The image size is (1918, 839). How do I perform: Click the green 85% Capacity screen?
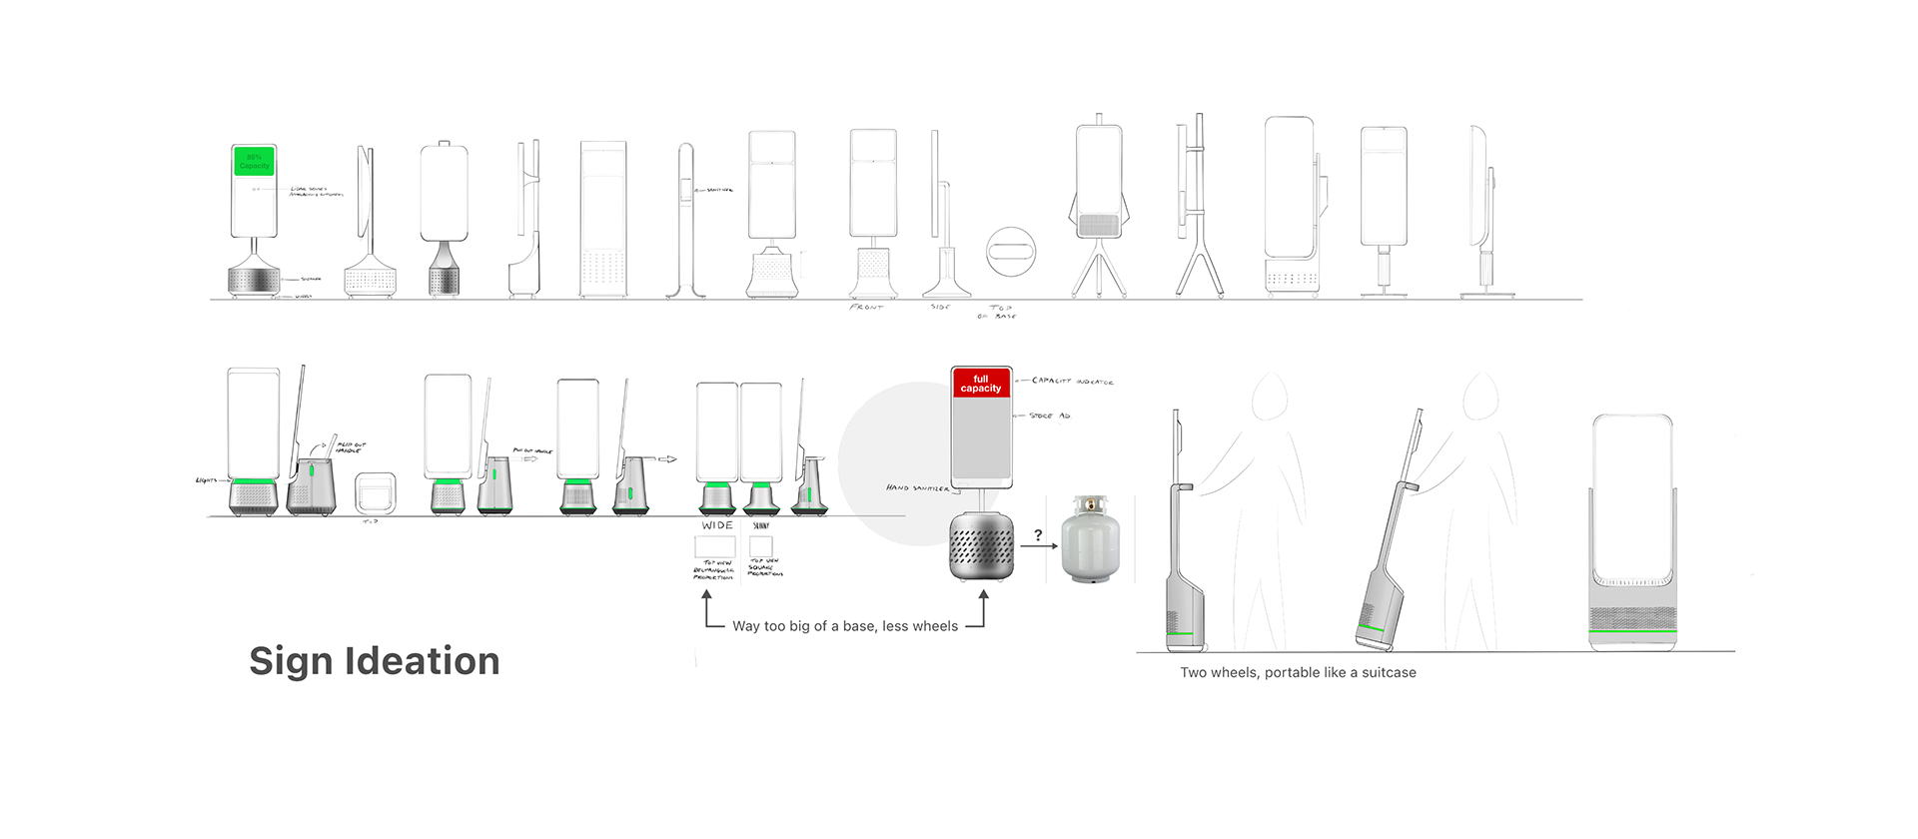(254, 161)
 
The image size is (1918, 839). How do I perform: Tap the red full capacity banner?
(981, 384)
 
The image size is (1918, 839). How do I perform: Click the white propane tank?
(1090, 540)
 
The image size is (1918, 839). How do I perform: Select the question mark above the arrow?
(1038, 535)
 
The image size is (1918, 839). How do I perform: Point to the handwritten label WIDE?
(717, 525)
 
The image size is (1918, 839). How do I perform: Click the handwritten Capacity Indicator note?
(1072, 382)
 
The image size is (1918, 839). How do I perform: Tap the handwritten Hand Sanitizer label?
(917, 488)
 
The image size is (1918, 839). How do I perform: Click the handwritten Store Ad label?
(1049, 416)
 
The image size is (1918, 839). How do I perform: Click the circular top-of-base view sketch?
(1011, 251)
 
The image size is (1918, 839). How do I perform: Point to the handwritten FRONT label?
(866, 308)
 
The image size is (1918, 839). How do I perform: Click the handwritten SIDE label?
(940, 307)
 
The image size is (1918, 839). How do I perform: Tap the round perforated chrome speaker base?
(981, 545)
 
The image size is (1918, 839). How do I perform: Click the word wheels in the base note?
(935, 626)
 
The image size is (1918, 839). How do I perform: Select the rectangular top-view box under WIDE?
(714, 547)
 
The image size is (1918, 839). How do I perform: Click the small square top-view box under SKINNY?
(761, 546)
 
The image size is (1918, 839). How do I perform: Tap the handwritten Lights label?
(207, 480)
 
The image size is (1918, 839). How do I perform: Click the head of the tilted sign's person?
(1481, 397)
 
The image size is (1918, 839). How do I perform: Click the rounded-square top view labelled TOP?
(376, 492)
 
